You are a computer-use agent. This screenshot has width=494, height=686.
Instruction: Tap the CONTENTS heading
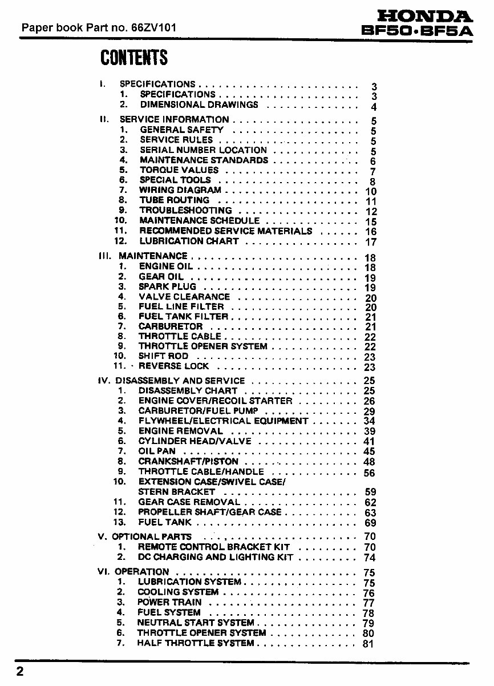[134, 58]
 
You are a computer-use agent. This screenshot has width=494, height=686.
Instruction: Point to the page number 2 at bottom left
[20, 671]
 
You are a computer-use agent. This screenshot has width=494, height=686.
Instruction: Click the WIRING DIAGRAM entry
[180, 190]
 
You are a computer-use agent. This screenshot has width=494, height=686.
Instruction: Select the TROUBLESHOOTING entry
[186, 211]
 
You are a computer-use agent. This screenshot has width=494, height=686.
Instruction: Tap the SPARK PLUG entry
[167, 286]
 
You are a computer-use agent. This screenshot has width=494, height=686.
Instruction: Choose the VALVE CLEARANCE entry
[184, 297]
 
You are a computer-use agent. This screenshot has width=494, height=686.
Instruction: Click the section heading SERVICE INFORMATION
[174, 120]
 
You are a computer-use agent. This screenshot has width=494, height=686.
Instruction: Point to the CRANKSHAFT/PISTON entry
[188, 461]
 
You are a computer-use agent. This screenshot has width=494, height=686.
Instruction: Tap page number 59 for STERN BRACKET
[370, 492]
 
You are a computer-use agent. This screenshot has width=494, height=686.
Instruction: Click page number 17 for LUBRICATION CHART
[371, 242]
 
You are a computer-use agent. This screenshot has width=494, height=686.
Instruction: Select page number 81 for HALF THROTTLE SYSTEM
[368, 644]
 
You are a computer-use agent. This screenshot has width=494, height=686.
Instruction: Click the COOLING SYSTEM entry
[178, 592]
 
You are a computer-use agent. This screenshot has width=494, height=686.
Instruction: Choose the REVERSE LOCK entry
[173, 366]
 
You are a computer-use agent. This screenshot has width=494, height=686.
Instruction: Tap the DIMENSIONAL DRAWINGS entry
[199, 105]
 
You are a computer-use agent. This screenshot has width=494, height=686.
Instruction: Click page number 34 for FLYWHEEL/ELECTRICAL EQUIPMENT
[369, 421]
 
